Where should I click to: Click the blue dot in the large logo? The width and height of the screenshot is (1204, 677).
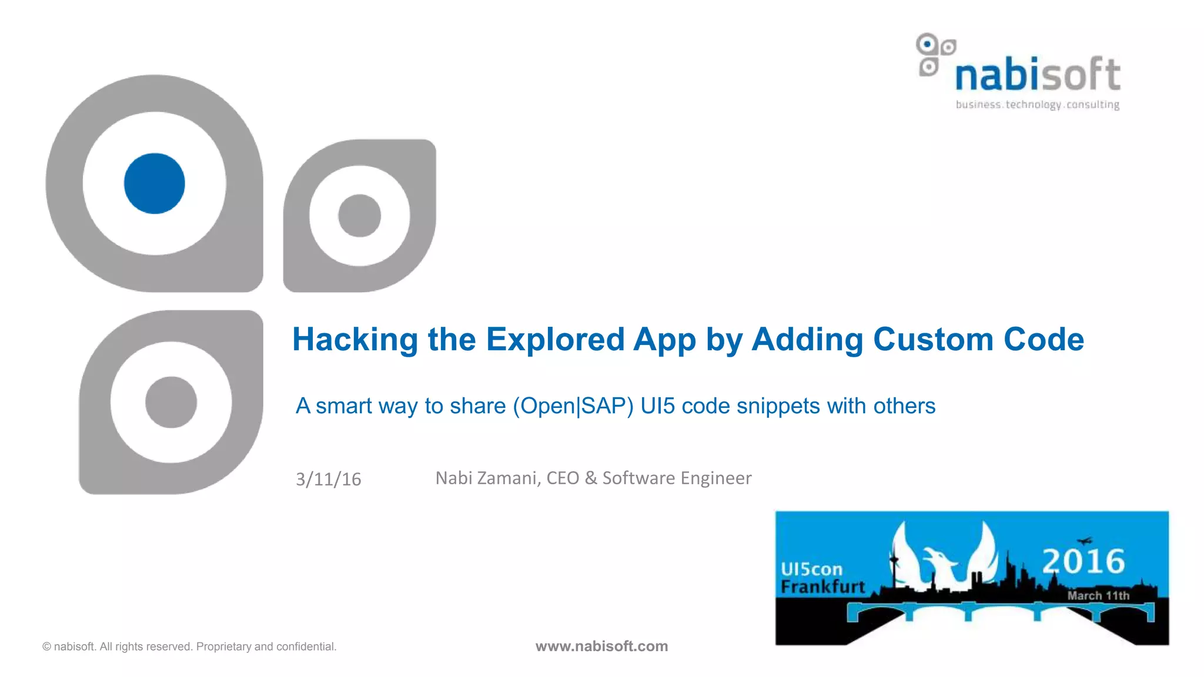pyautogui.click(x=155, y=183)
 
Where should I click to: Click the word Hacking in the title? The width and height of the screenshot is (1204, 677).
pyautogui.click(x=354, y=340)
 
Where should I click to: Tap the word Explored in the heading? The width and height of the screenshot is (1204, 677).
pyautogui.click(x=555, y=340)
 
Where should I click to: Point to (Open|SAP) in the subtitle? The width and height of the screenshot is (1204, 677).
pyautogui.click(x=573, y=406)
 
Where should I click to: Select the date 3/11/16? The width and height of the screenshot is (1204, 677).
pyautogui.click(x=328, y=480)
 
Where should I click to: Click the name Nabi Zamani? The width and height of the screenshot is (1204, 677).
pyautogui.click(x=487, y=478)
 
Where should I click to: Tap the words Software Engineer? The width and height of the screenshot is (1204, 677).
pyautogui.click(x=677, y=478)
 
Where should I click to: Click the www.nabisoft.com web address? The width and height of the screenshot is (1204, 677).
pyautogui.click(x=601, y=646)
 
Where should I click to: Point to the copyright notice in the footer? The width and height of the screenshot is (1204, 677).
pyautogui.click(x=189, y=646)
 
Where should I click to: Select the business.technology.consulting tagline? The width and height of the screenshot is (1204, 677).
pyautogui.click(x=1038, y=105)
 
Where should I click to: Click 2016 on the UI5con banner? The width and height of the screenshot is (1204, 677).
pyautogui.click(x=1083, y=561)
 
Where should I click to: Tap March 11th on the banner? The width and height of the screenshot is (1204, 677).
pyautogui.click(x=1098, y=596)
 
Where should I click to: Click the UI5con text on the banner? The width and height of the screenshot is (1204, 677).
pyautogui.click(x=811, y=569)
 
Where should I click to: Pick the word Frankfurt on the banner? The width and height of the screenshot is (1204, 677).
pyautogui.click(x=822, y=587)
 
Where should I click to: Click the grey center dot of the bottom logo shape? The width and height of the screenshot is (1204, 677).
pyautogui.click(x=171, y=402)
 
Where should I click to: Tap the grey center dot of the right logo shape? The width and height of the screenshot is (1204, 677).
pyautogui.click(x=359, y=216)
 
